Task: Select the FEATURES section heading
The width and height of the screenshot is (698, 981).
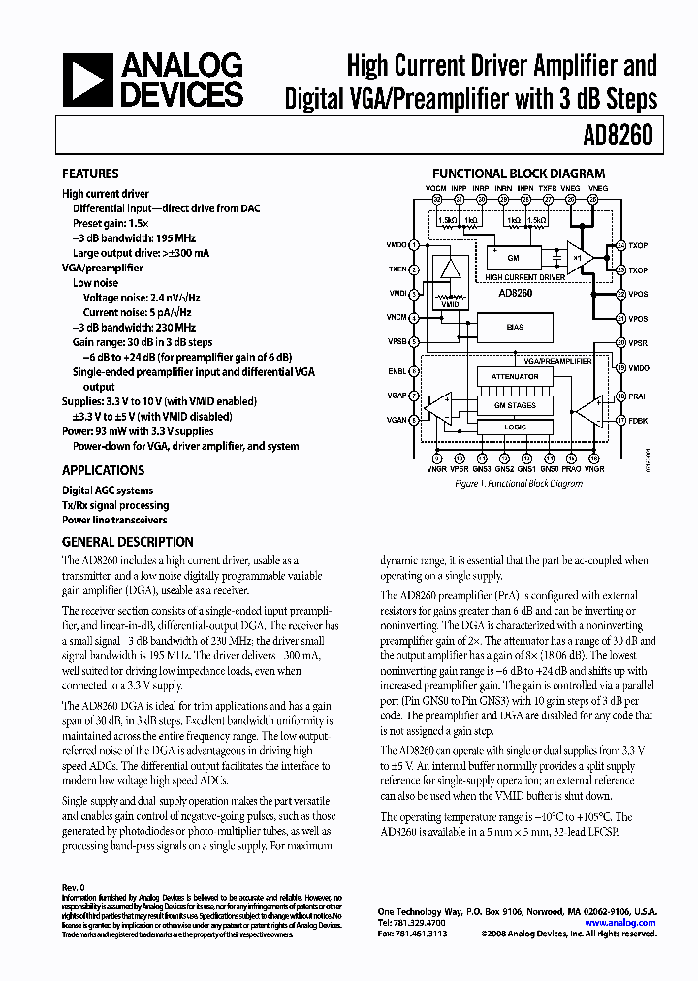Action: [90, 174]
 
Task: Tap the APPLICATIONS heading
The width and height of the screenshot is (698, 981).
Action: [103, 470]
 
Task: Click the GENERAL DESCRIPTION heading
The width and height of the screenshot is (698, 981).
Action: [127, 543]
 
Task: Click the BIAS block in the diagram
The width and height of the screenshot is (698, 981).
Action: [516, 327]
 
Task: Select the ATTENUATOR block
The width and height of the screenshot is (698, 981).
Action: [515, 377]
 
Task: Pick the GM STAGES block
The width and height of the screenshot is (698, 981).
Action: [515, 405]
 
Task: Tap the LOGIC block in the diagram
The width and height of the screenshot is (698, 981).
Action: [515, 426]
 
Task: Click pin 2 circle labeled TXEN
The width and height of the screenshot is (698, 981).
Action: [414, 269]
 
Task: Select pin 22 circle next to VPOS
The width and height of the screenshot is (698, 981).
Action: [619, 294]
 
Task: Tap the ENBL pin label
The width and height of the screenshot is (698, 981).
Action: [397, 370]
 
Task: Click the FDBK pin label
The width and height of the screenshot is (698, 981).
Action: [638, 420]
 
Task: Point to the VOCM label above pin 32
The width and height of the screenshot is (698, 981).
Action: [437, 187]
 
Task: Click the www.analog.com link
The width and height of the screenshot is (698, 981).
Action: [621, 923]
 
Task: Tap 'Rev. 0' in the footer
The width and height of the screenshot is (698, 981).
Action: [74, 888]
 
